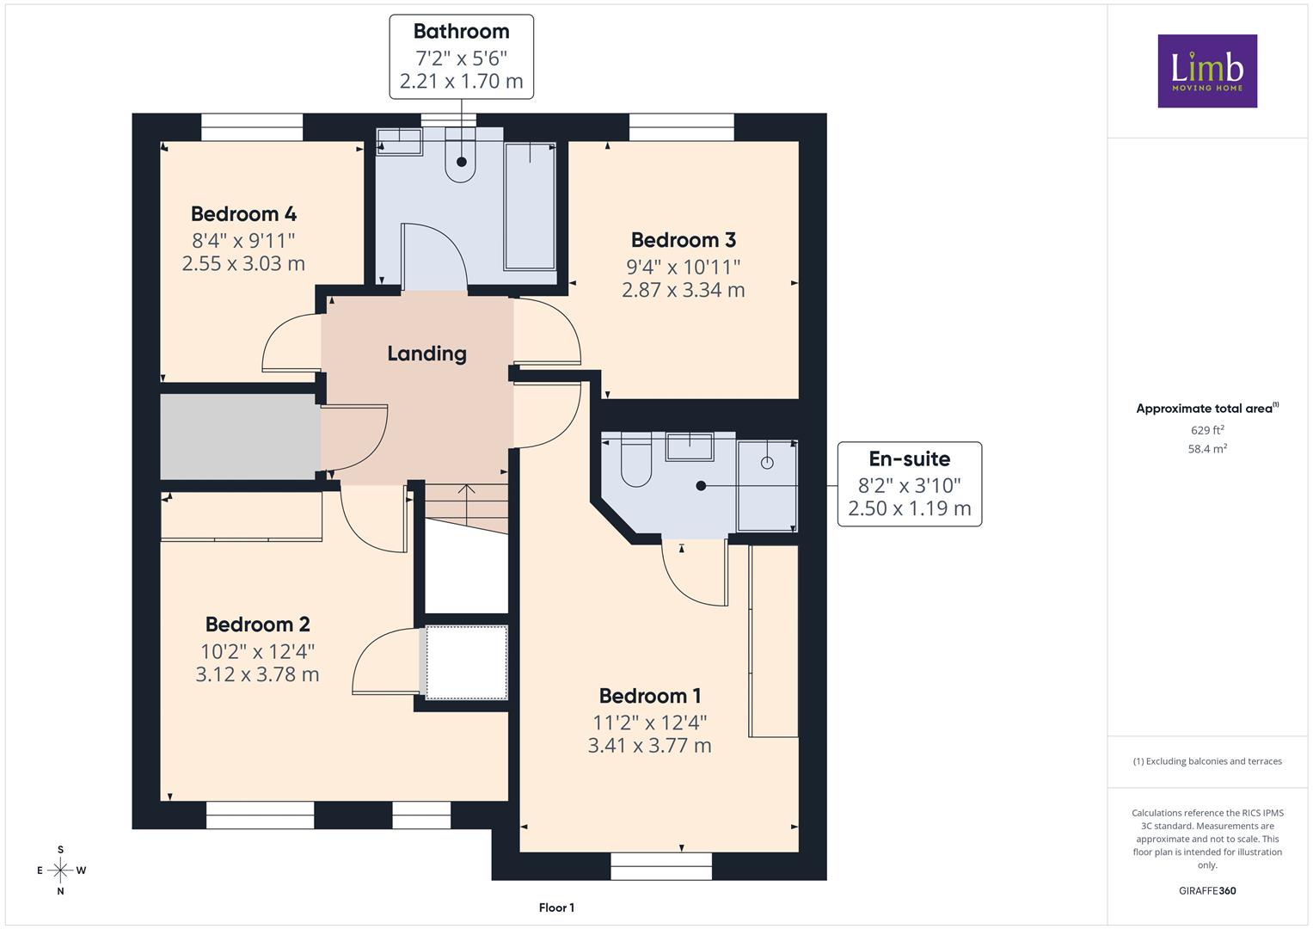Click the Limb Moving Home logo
1207,71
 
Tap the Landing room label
426,354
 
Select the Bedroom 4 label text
243,214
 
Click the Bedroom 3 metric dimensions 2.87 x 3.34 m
683,290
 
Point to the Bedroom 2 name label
257,624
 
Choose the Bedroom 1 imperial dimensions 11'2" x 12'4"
649,723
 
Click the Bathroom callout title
461,31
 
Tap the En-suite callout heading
909,458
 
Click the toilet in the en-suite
635,461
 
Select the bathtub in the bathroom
530,206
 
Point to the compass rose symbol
60,871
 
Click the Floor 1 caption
556,907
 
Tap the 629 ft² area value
1207,430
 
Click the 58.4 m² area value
1207,449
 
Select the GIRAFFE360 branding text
1207,891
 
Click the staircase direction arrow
466,504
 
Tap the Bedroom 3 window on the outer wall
681,127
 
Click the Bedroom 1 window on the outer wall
661,866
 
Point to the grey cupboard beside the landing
240,436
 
